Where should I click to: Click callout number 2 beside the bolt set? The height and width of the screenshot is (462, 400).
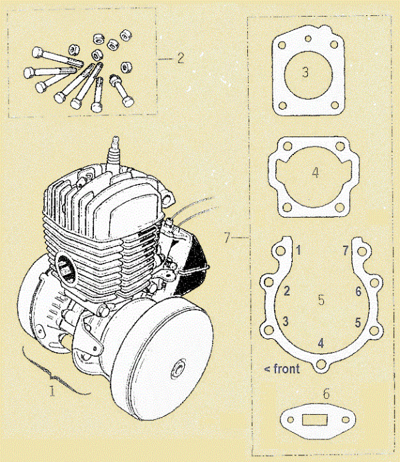180,58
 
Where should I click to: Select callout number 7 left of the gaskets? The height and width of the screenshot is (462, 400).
228,236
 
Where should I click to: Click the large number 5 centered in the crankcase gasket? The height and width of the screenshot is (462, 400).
321,300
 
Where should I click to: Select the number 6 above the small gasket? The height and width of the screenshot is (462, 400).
326,393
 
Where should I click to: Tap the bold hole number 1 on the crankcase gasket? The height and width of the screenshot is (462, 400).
299,250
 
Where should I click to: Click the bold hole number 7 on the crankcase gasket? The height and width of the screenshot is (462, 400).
345,250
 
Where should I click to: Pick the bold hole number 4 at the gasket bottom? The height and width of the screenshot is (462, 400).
321,343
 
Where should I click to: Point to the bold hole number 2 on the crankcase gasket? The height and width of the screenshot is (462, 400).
286,291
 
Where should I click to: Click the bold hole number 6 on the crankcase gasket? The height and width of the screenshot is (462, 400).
358,291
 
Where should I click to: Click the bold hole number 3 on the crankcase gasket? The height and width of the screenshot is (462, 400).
285,322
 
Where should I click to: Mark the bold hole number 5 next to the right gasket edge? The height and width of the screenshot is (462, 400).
358,322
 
